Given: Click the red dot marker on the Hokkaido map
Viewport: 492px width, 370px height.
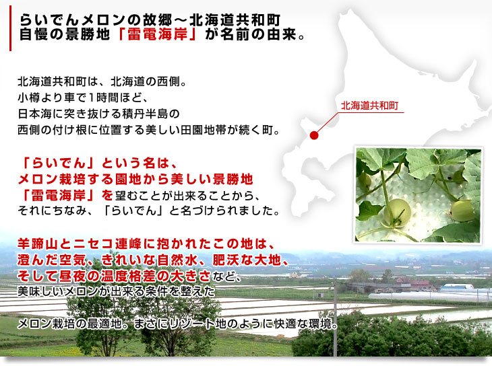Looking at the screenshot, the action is pos(314,135).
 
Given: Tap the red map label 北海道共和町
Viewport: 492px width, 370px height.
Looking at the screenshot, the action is pos(369,106).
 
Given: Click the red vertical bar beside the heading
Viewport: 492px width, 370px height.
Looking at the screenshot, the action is pos(10,28).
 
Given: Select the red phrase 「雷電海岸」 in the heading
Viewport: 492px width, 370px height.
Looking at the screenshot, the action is pos(158,34).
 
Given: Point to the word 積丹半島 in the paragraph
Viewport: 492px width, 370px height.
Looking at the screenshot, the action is pos(146,114).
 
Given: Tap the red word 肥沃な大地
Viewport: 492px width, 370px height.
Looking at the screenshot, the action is pos(246,260).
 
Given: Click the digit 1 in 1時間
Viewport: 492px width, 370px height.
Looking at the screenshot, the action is pos(91,98).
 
